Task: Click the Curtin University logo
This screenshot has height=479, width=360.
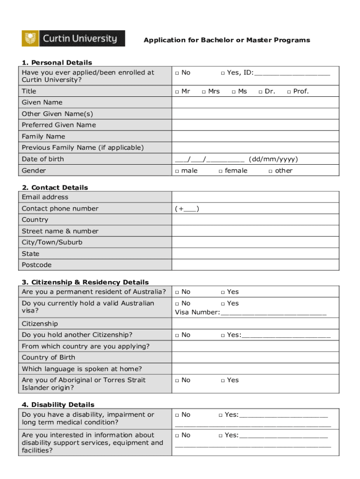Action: point(73,38)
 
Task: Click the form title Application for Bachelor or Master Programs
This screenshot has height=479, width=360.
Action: point(227,40)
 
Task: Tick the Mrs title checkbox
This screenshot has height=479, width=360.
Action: point(204,92)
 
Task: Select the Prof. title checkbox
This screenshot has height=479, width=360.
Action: point(289,92)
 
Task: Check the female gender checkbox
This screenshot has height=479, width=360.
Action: point(221,171)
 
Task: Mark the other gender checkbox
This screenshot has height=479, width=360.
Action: point(270,171)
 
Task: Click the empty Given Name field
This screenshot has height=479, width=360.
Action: point(255,102)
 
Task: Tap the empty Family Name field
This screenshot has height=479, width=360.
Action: point(255,137)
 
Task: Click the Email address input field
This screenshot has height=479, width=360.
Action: point(255,197)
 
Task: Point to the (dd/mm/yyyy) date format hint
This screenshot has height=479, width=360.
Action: point(273,159)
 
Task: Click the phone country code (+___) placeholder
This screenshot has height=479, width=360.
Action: point(187,209)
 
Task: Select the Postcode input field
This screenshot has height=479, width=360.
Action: point(255,265)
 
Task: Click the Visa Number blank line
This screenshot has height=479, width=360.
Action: point(273,312)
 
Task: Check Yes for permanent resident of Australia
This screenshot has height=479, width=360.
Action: point(223,292)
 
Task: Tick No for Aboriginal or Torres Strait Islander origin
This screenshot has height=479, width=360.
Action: point(177,381)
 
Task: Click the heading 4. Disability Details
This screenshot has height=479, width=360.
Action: point(58,405)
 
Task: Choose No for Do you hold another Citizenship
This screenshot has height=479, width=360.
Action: point(177,335)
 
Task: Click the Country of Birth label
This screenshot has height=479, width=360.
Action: point(48,357)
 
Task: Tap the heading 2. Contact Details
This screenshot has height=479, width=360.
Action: point(55,188)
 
